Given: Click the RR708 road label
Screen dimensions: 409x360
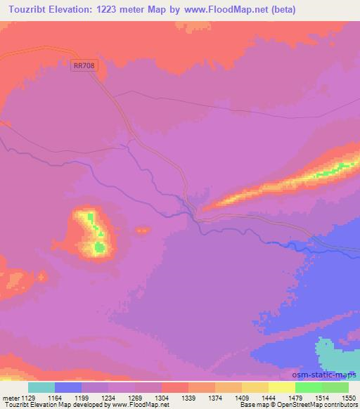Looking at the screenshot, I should [x=84, y=65].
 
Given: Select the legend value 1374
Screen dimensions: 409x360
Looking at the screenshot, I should [x=216, y=397].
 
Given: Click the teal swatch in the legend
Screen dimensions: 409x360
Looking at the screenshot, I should [x=41, y=387].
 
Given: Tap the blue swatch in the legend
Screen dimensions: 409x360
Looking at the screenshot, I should [x=68, y=387].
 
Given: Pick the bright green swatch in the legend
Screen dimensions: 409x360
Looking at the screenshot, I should [x=309, y=387].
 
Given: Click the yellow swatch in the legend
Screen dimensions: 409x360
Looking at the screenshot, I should [x=282, y=387].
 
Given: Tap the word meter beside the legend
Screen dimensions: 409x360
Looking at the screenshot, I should [x=8, y=397].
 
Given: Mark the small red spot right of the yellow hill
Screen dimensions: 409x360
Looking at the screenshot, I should [x=143, y=230].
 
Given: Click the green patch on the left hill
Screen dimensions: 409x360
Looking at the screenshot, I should [x=100, y=247].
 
